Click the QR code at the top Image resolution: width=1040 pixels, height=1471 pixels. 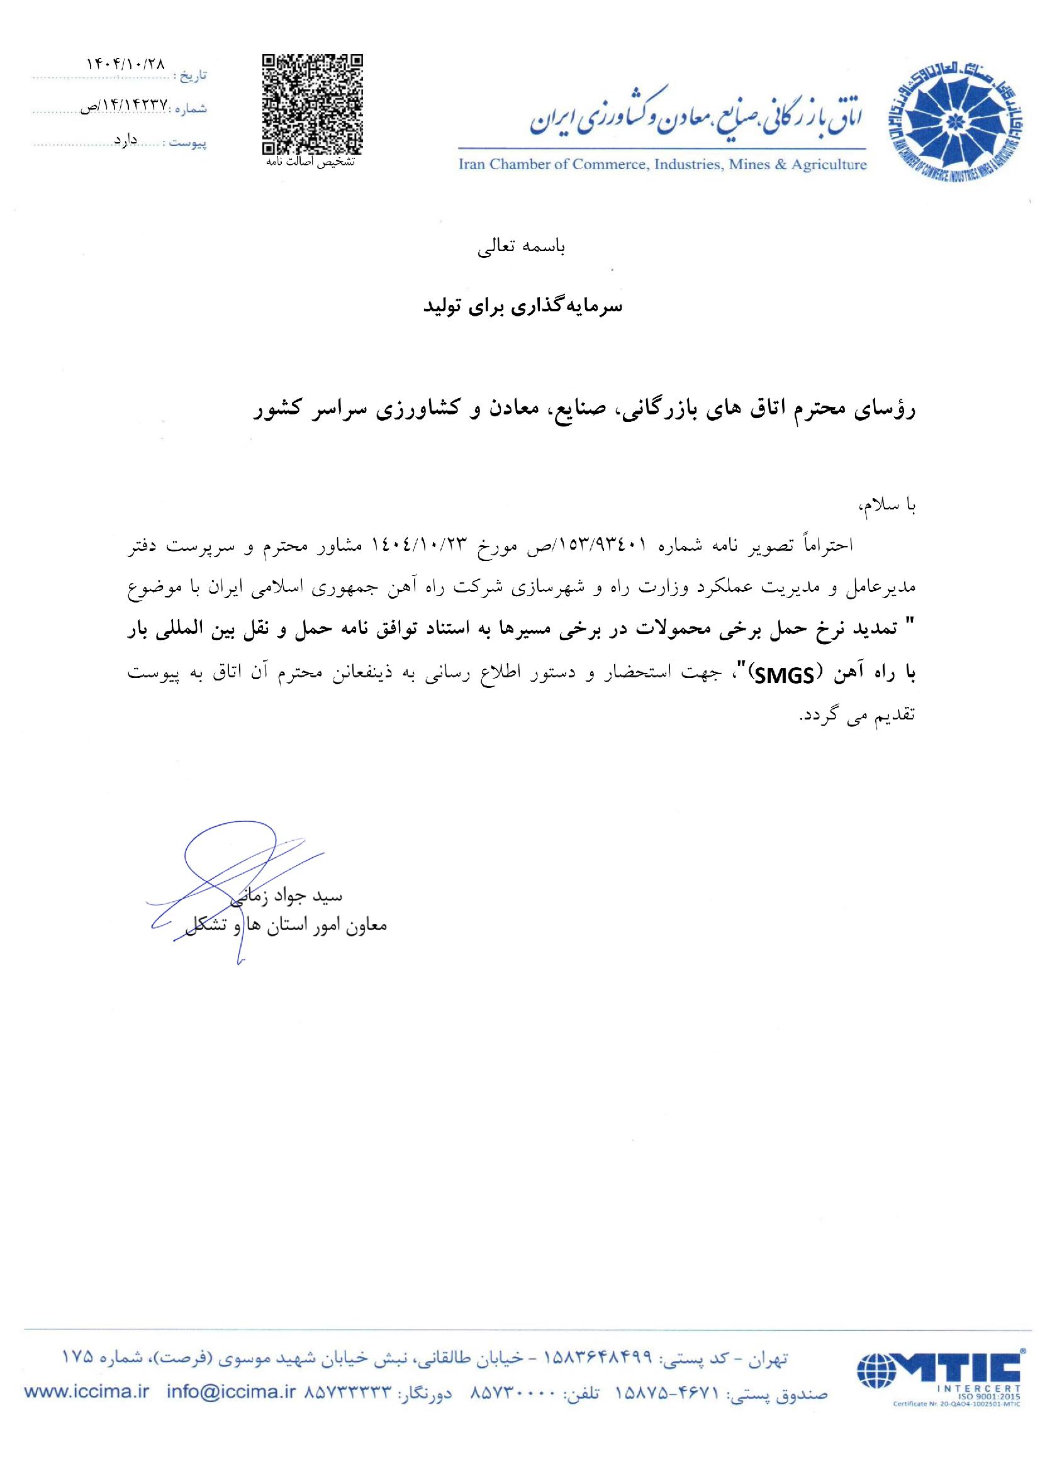point(313,104)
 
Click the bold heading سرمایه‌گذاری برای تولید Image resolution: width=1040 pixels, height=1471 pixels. point(523,307)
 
